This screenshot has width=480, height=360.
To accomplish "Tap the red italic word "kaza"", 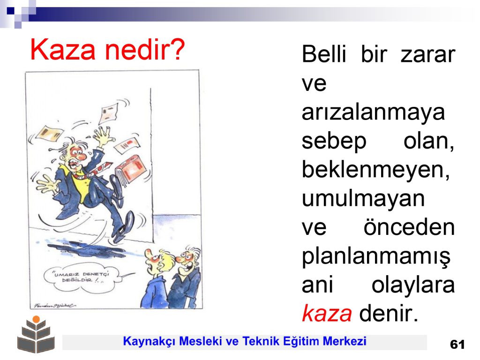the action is coord(327,313).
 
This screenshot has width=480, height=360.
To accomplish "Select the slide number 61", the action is coord(457,345).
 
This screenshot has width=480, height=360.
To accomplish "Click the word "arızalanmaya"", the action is coord(373,112).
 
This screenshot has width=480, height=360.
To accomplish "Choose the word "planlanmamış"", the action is coord(376,257).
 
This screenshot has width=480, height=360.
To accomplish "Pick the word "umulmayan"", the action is coord(363,199).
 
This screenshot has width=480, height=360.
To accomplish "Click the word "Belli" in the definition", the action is coord(324,54).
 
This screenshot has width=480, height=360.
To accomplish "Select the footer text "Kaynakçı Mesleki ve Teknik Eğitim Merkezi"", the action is coord(245,341).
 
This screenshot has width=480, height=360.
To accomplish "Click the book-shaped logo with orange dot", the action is coord(36,335).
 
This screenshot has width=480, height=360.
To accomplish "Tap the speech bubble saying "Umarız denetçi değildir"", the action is coord(81,278).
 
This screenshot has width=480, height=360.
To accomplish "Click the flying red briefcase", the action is coord(132,170).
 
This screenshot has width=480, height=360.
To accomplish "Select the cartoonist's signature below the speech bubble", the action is coord(54,306).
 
